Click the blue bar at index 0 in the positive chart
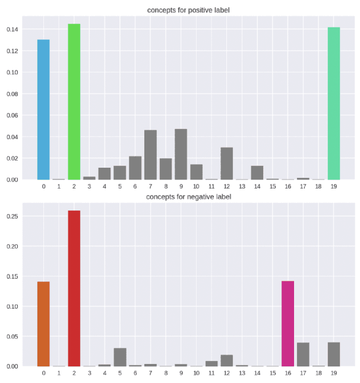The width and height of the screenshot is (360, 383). tap(43, 110)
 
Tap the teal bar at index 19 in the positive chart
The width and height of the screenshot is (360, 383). tap(334, 103)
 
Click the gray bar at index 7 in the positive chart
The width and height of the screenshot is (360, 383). tap(150, 155)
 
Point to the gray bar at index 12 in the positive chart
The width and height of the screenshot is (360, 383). tap(226, 164)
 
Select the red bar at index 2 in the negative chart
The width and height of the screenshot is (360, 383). tap(74, 288)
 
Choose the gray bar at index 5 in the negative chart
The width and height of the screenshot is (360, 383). tap(119, 357)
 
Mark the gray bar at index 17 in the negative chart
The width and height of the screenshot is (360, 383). tap(303, 354)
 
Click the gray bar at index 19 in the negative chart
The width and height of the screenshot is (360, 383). tap(334, 354)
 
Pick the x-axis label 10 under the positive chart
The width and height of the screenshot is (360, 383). tap(196, 186)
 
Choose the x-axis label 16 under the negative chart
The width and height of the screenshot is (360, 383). tap(288, 373)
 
